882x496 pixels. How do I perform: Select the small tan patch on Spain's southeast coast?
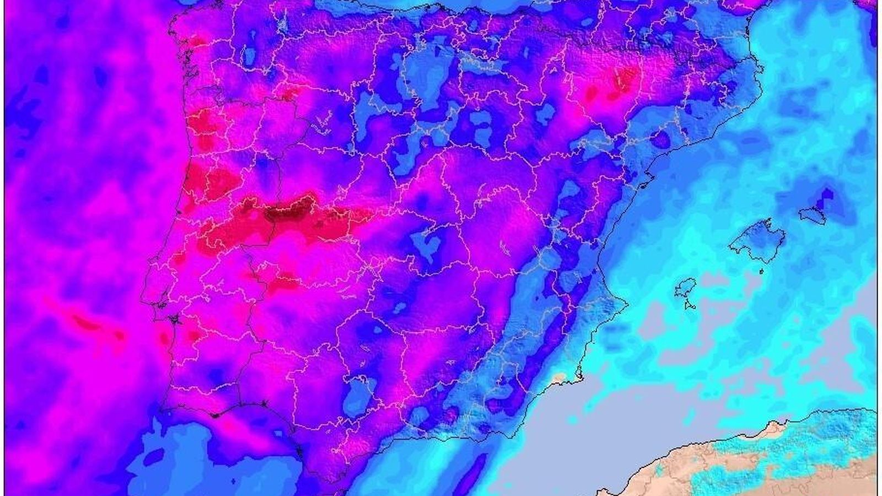[x=559, y=380]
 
